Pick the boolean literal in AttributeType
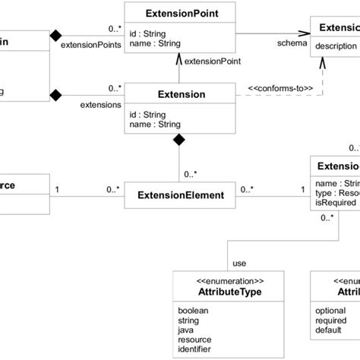[x=194, y=311]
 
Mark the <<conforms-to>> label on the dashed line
[x=279, y=87]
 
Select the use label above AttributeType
[x=239, y=263]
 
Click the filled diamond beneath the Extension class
[x=179, y=140]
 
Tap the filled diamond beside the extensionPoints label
[x=55, y=35]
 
